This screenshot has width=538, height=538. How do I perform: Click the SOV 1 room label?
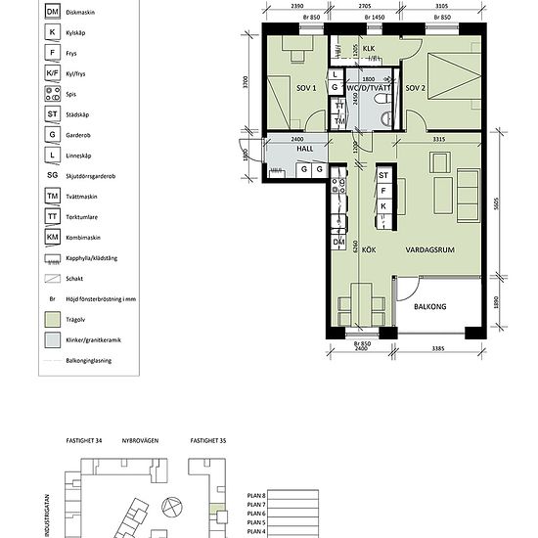[x=305, y=89]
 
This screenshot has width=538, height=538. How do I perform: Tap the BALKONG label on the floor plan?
[x=431, y=307]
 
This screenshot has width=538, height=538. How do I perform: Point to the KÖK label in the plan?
[x=369, y=250]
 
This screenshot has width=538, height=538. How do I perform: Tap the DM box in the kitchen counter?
[x=339, y=242]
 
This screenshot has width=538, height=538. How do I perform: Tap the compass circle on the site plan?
[x=172, y=507]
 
